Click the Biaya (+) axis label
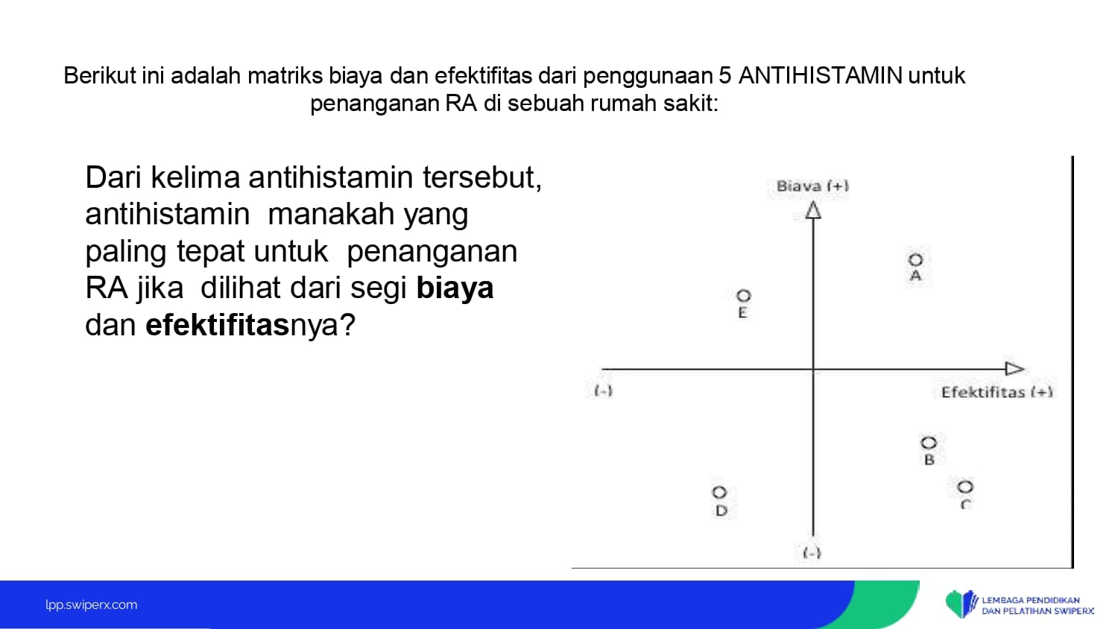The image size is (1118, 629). pos(812,186)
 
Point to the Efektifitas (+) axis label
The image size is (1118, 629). pos(997,392)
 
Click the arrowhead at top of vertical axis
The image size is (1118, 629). pos(814,210)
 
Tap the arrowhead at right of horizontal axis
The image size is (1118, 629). pos(1014,369)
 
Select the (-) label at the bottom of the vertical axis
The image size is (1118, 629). pos(812,553)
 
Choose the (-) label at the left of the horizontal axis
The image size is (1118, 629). pos(604,391)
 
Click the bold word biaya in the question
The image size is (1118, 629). pos(455,288)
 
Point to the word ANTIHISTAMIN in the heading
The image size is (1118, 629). pos(820,76)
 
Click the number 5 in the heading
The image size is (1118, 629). pos(725,76)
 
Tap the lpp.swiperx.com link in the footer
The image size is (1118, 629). pos(92,604)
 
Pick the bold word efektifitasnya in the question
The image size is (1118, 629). pos(250,325)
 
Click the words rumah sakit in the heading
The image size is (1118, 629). pos(654,104)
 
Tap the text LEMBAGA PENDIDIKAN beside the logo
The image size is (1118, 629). pos(1031,600)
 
